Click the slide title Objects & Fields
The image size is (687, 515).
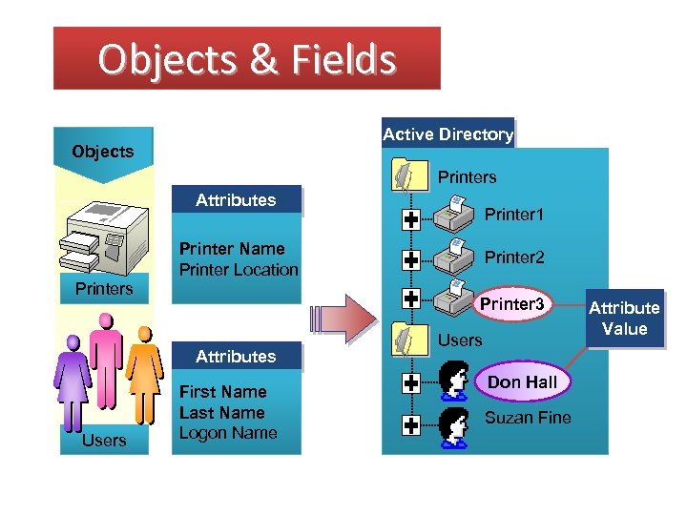click(246, 59)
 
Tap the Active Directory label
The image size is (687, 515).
click(448, 134)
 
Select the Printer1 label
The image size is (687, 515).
click(513, 215)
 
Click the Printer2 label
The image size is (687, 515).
click(514, 257)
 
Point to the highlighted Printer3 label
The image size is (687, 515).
click(511, 304)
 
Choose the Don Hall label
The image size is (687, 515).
click(522, 381)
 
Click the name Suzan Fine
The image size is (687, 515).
click(528, 418)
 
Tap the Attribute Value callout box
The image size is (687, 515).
click(624, 319)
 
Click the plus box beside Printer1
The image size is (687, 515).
click(411, 220)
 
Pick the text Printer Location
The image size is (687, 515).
click(239, 270)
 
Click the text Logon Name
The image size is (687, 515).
click(228, 433)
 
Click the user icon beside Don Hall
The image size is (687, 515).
click(453, 381)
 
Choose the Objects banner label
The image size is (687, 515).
click(103, 152)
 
